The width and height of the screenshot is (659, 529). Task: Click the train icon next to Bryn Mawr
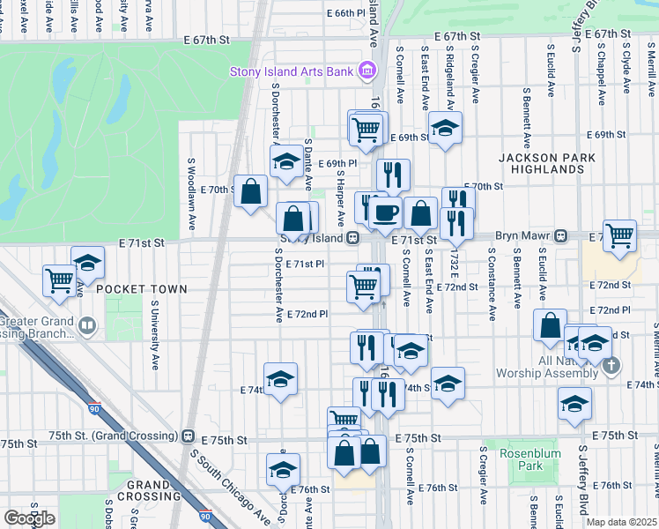(559, 236)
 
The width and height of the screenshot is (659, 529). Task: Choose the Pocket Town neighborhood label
(142, 288)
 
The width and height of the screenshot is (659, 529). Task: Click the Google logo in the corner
(29, 518)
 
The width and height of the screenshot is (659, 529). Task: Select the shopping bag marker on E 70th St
(251, 190)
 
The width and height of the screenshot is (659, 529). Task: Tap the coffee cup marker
(386, 212)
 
